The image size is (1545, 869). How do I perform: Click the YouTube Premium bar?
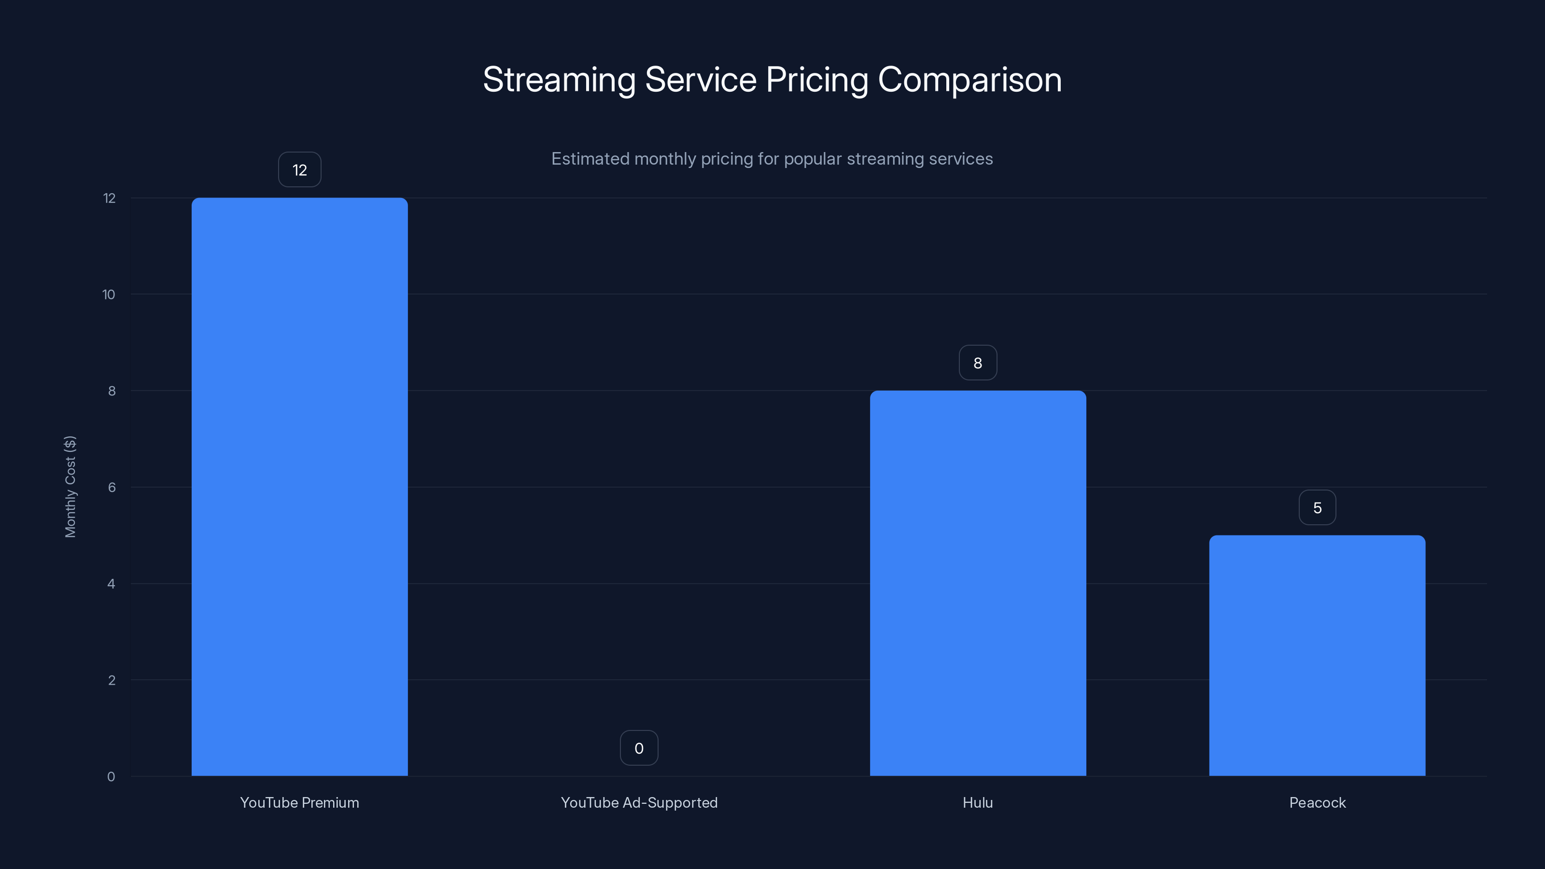(299, 486)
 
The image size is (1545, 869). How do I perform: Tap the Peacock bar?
(1317, 655)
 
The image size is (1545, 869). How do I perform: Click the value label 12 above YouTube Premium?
(299, 170)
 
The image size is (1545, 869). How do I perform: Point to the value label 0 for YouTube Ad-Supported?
(639, 748)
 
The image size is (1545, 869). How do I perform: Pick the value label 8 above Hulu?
(978, 363)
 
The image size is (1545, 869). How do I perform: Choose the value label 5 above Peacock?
(1317, 507)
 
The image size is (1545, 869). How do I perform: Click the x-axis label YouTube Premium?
(299, 802)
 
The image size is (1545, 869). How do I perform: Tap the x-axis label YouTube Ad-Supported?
(639, 802)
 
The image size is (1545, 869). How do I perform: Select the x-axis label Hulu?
(978, 802)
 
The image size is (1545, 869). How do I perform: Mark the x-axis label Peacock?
(1317, 802)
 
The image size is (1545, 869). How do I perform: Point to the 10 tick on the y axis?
(109, 294)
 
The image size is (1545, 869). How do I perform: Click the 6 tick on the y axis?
(112, 487)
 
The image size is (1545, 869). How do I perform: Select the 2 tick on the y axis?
(112, 680)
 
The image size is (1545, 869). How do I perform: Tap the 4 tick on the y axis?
(111, 584)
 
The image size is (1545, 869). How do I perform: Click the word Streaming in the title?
(559, 80)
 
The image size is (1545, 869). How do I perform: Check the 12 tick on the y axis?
(109, 198)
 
